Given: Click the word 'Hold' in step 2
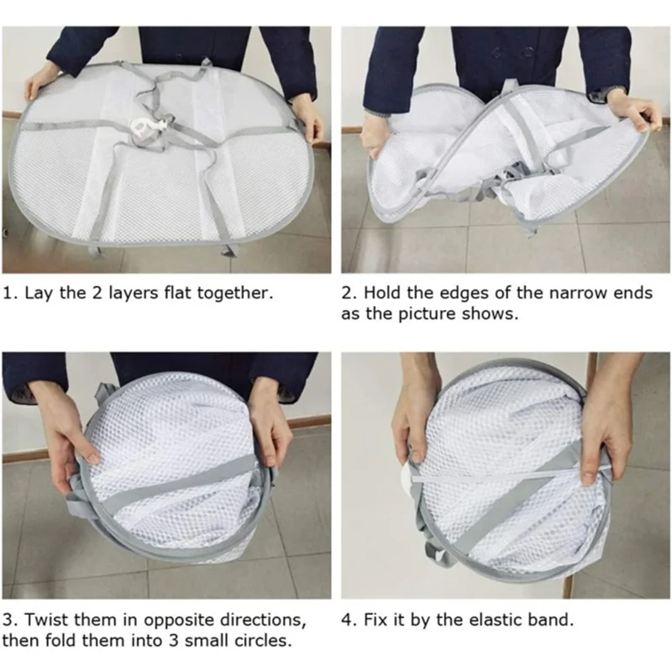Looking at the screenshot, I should pyautogui.click(x=378, y=294).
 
